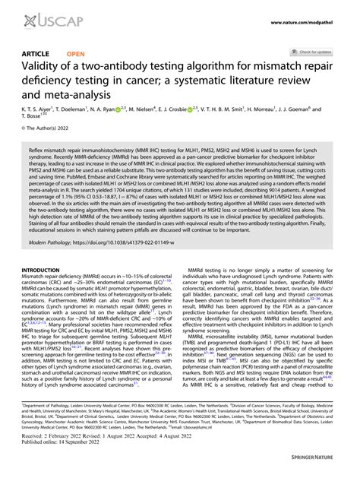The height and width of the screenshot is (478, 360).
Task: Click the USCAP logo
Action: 39,17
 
